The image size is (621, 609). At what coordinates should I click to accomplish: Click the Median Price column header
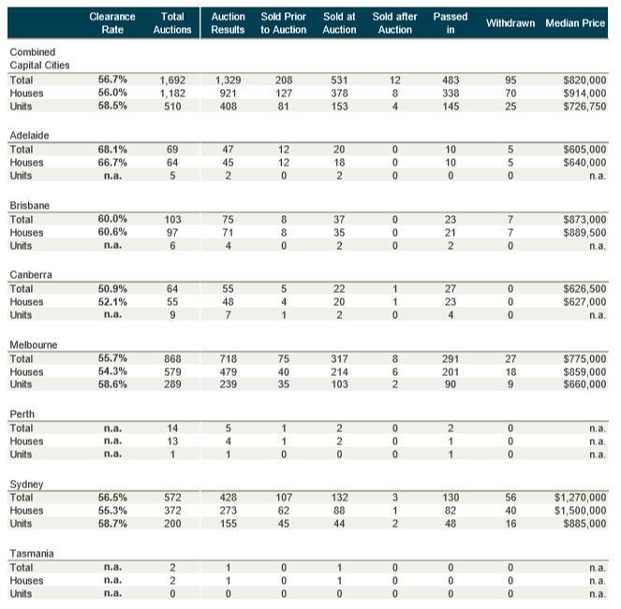tap(575, 22)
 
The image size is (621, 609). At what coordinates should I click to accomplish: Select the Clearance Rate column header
tap(112, 22)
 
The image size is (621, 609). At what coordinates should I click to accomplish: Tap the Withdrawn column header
tap(510, 22)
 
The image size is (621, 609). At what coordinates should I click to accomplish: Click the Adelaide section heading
tap(29, 135)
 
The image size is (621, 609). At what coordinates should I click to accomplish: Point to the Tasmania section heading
tap(32, 553)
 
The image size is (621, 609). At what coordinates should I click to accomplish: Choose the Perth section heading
tap(22, 413)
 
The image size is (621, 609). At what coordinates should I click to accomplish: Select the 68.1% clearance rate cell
tap(112, 149)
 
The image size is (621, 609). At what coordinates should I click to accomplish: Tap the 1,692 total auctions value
tap(172, 80)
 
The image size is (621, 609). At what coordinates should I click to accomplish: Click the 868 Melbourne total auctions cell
tap(172, 358)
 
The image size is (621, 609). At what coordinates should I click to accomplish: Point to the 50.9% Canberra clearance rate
tap(112, 289)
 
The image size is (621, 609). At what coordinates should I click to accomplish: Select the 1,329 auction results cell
tap(228, 80)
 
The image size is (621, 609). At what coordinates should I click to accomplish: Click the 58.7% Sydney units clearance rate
tap(112, 525)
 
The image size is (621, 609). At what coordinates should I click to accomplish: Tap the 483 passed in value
tap(450, 80)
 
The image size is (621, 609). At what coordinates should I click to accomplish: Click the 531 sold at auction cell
tap(339, 80)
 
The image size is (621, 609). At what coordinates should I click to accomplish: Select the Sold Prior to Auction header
tap(283, 22)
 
